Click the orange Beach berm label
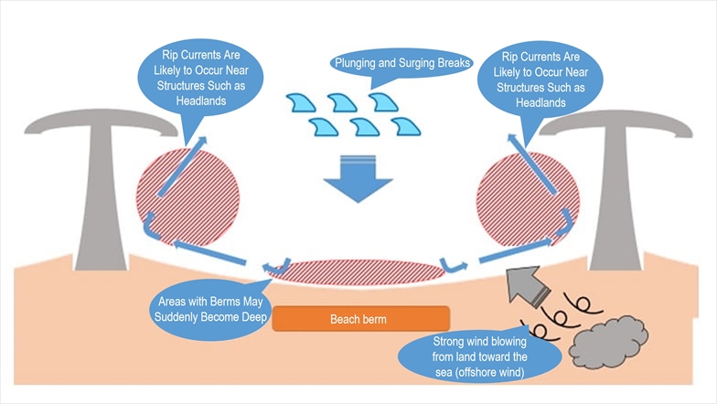pos(359,320)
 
